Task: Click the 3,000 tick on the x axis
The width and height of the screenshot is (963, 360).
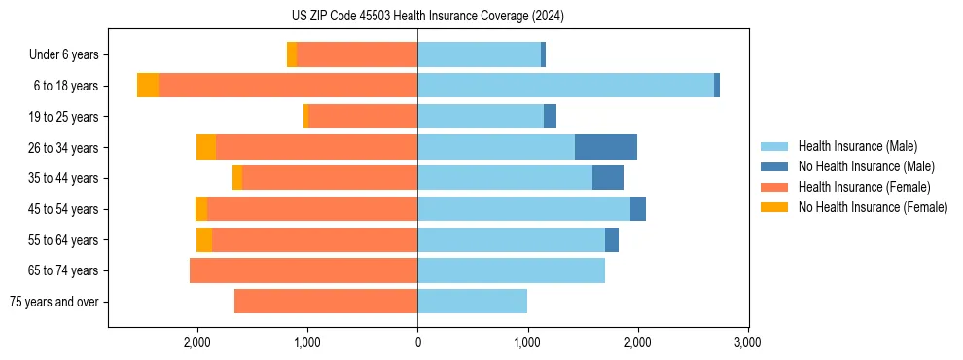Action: [747, 342]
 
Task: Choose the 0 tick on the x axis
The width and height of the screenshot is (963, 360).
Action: [417, 342]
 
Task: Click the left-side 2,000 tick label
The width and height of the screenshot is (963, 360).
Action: [197, 342]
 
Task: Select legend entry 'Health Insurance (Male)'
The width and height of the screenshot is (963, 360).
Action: [857, 146]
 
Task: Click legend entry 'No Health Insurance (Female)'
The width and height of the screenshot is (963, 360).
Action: [873, 207]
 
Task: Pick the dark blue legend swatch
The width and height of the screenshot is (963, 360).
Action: [774, 166]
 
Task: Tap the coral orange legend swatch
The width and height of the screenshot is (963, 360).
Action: [774, 187]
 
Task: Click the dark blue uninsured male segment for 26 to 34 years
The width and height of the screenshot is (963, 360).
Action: [606, 147]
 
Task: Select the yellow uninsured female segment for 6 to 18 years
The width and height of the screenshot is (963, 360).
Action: [148, 86]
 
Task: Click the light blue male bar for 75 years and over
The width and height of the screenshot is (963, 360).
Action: [472, 302]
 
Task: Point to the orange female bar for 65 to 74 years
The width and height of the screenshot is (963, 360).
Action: [303, 270]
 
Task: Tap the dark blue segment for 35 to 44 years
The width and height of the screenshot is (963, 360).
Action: [608, 178]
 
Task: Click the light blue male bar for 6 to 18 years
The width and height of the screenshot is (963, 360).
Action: [565, 86]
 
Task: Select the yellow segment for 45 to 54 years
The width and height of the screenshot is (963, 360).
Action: [201, 209]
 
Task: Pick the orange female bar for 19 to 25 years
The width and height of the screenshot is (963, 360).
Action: [363, 117]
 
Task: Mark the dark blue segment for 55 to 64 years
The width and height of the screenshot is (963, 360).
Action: [612, 239]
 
